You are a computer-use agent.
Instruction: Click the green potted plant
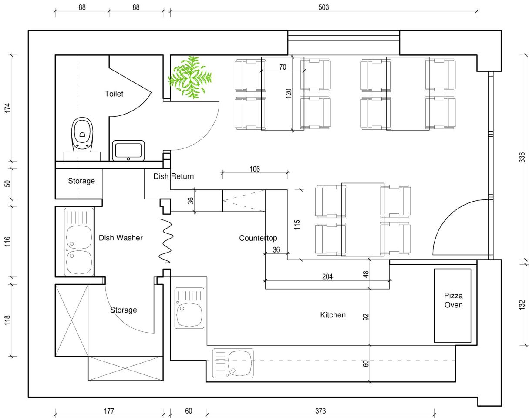tap(190, 78)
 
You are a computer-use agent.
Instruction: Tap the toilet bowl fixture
tap(82, 135)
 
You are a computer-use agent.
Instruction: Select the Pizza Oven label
tap(453, 300)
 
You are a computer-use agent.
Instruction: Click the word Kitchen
tap(333, 315)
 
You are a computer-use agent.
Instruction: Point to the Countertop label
tap(258, 238)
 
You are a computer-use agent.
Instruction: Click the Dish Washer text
tap(121, 238)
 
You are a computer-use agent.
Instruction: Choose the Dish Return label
tap(174, 176)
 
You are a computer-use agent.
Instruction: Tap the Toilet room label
tap(114, 94)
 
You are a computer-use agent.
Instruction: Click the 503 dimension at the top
tap(323, 7)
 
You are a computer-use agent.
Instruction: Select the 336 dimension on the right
tap(522, 157)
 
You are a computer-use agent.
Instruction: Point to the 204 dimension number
tap(327, 276)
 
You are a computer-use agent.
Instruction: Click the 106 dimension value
tap(255, 169)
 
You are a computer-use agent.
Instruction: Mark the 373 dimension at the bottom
tap(320, 411)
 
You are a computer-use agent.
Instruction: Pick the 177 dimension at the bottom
tap(109, 411)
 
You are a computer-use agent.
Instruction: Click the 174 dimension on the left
tap(8, 108)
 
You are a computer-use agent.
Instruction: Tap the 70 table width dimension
tap(283, 67)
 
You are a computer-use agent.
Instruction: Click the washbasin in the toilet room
tap(128, 151)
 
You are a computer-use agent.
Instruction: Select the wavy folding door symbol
tap(166, 241)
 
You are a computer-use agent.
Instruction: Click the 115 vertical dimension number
tap(297, 225)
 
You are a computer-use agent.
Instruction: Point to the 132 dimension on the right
tap(522, 305)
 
